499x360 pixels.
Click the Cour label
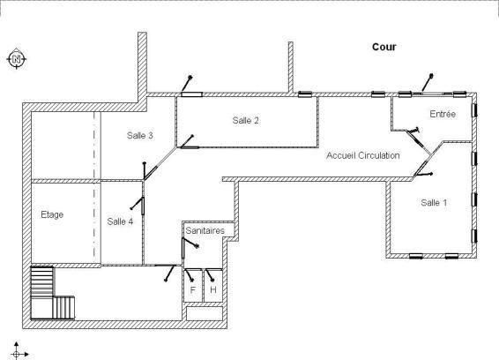pos(384,47)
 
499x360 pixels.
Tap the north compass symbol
pos(17,58)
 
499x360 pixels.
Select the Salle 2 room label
pos(245,120)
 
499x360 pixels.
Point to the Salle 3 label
pos(140,135)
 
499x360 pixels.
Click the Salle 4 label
pos(120,221)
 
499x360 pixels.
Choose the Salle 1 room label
pos(434,203)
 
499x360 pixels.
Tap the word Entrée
pos(443,114)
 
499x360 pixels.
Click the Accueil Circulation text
pos(363,155)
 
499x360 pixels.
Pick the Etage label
pos(52,214)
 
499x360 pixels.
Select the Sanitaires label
pos(205,230)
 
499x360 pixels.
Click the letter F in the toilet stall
pos(192,290)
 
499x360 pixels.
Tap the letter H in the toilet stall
pos(213,290)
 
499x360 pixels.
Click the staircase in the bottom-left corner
pos(53,293)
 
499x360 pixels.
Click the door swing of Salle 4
pos(138,205)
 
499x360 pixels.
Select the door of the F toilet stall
pos(189,275)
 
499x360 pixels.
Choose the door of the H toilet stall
pos(210,275)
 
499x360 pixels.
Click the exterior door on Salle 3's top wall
pos(188,86)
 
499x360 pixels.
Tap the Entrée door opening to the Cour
pos(427,84)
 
